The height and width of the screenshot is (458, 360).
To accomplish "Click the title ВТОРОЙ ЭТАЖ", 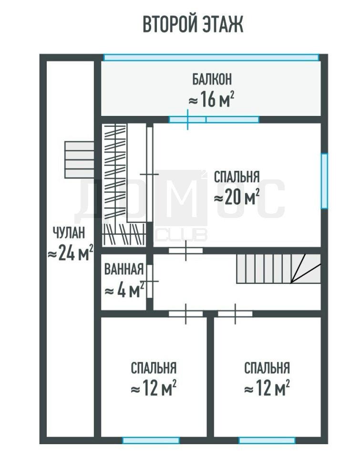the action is [193, 24].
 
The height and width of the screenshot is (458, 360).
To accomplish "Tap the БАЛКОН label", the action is [212, 79].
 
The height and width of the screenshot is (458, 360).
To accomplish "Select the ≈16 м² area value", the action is [211, 99].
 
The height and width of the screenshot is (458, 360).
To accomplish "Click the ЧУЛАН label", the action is [69, 232].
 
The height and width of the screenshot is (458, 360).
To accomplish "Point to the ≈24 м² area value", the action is [71, 252].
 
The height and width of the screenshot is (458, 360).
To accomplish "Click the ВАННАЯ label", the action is [124, 269].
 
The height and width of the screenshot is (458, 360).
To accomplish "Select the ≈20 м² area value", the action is [237, 197].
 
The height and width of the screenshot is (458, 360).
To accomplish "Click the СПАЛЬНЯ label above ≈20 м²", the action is [237, 177].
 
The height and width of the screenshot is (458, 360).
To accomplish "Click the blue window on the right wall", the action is [324, 181].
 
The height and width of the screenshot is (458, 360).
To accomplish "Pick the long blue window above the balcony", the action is [211, 57].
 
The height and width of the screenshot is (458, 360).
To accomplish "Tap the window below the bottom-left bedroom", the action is [151, 440].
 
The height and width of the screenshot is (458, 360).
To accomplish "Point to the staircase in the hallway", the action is [278, 269].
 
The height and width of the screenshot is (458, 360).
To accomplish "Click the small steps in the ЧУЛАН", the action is [79, 160].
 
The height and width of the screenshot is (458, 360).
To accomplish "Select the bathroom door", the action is [150, 281].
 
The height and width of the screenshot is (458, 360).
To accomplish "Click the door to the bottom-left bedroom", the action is [186, 314].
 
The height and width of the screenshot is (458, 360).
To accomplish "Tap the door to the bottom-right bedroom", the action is [236, 314].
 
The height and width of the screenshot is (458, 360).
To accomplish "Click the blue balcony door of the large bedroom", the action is [214, 119].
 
